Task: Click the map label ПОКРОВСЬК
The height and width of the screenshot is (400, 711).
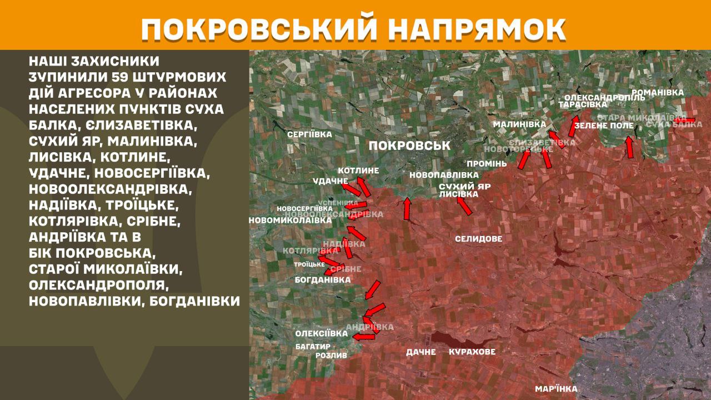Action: (409, 146)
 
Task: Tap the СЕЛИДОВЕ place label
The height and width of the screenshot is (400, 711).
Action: (478, 239)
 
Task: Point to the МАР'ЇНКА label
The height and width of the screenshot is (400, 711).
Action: (556, 389)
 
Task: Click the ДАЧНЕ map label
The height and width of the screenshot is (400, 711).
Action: (420, 352)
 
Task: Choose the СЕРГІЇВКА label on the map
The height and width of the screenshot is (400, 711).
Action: (309, 134)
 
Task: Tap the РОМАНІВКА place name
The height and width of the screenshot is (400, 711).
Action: (657, 93)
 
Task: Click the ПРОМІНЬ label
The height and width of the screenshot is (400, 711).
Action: (487, 164)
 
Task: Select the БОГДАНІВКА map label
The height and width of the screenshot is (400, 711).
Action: (323, 280)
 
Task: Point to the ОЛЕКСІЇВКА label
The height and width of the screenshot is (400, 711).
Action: (322, 333)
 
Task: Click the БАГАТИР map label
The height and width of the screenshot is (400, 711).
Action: (313, 346)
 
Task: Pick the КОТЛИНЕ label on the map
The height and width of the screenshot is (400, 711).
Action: (358, 171)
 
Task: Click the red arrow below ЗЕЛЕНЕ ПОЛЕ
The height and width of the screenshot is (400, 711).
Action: (629, 147)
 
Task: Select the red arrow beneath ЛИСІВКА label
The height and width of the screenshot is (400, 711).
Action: (464, 206)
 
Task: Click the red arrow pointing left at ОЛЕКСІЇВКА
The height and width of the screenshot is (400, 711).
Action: (363, 336)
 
